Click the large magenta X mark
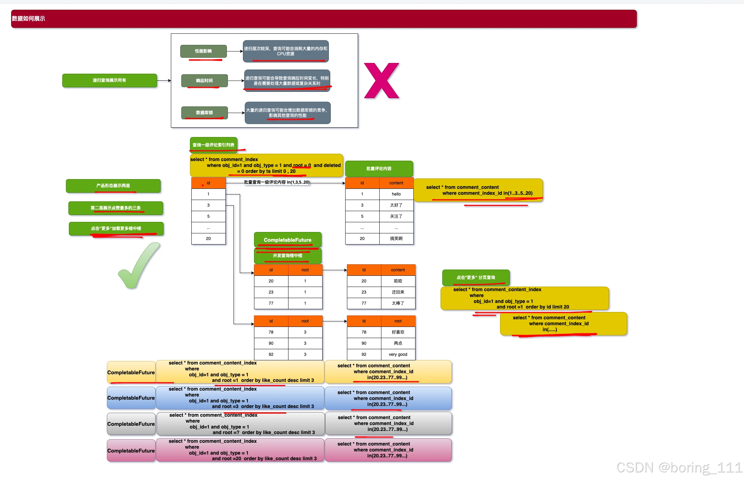(x=381, y=81)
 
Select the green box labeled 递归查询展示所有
(x=109, y=80)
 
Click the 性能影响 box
(x=203, y=51)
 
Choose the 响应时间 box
(x=204, y=81)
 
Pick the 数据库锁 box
(x=204, y=113)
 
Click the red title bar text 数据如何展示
(x=29, y=19)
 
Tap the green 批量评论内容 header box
(x=379, y=169)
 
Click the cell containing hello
(x=396, y=194)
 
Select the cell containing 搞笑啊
(x=396, y=239)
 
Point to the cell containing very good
(x=398, y=354)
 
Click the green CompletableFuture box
(x=287, y=240)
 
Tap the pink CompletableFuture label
(x=131, y=451)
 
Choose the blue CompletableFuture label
(x=131, y=398)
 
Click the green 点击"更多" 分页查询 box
(x=476, y=278)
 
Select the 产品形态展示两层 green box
(x=113, y=186)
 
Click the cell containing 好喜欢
(x=398, y=332)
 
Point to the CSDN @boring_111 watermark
(x=679, y=467)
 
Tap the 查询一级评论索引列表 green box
(x=213, y=145)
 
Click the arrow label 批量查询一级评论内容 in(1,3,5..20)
(x=277, y=182)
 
